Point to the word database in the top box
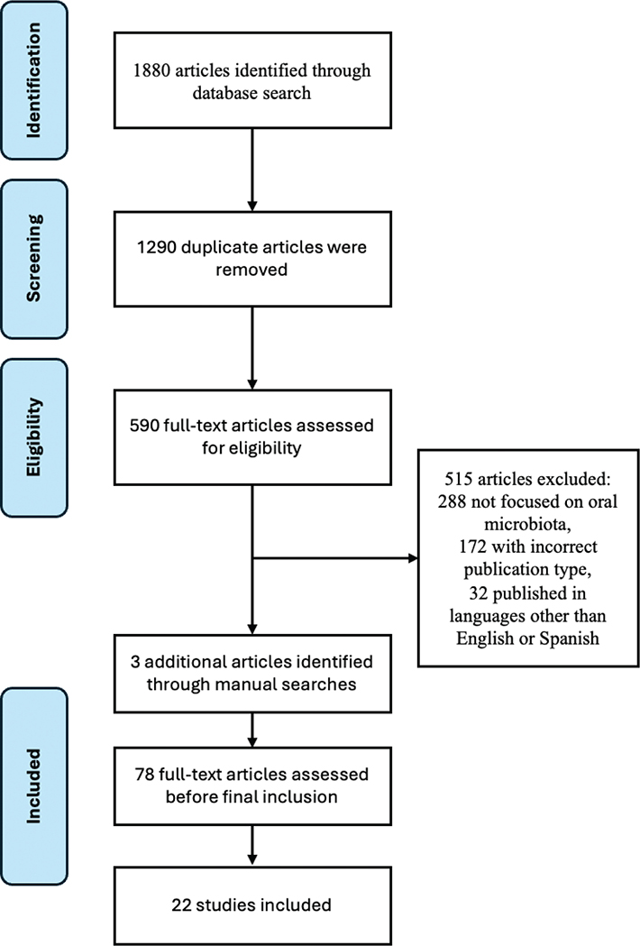(222, 92)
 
